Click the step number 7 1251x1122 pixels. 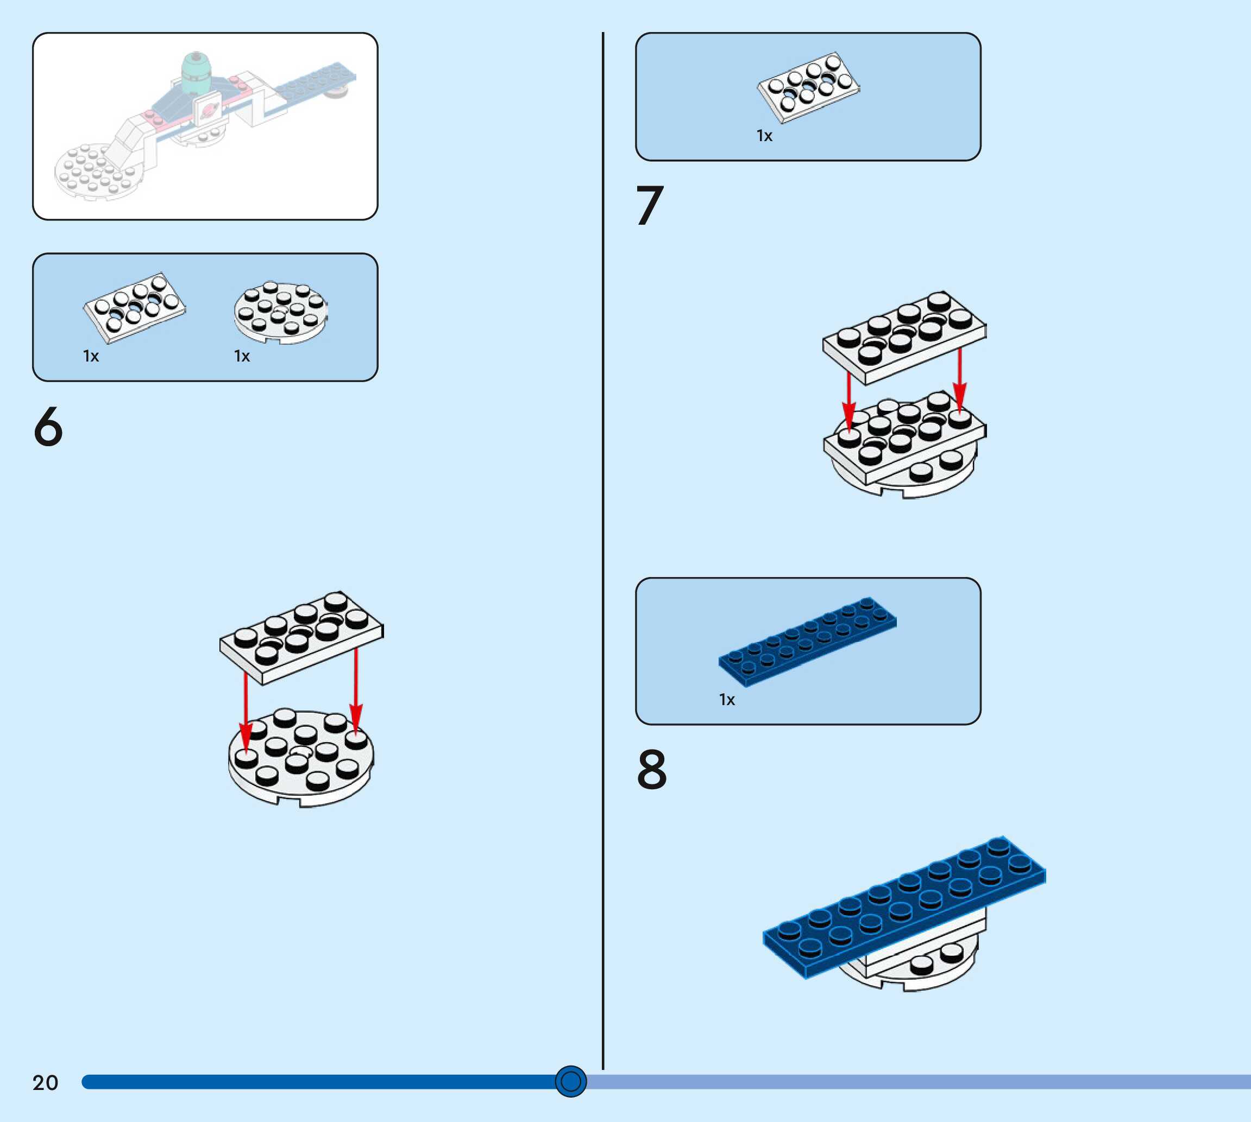pyautogui.click(x=650, y=205)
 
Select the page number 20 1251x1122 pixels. pyautogui.click(x=45, y=1082)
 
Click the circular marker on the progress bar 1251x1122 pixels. pyautogui.click(x=570, y=1081)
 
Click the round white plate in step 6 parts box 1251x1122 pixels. pyautogui.click(x=281, y=313)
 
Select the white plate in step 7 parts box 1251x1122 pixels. pyautogui.click(x=808, y=86)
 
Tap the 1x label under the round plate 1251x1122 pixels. pyautogui.click(x=242, y=356)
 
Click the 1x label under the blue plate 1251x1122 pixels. pyautogui.click(x=727, y=700)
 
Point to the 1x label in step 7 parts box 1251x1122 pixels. pyautogui.click(x=764, y=136)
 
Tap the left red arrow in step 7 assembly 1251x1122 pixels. pyautogui.click(x=850, y=401)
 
